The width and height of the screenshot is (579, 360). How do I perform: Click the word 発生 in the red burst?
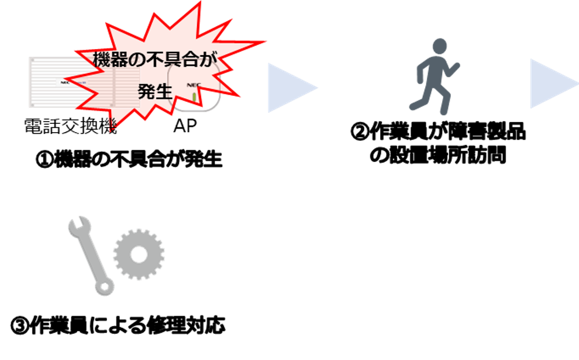[155, 92]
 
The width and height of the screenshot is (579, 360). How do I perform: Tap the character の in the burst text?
[136, 60]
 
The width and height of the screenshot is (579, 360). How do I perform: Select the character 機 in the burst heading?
[103, 60]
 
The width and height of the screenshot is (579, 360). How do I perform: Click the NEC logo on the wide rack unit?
[66, 82]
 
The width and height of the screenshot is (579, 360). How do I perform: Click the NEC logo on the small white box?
[193, 85]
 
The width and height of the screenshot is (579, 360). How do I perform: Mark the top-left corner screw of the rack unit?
[32, 60]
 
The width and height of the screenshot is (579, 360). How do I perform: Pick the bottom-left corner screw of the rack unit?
[32, 105]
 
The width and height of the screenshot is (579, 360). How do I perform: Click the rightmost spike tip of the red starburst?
[267, 42]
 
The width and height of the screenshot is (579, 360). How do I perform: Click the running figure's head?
[440, 46]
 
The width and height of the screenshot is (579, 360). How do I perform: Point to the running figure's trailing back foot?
[412, 107]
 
